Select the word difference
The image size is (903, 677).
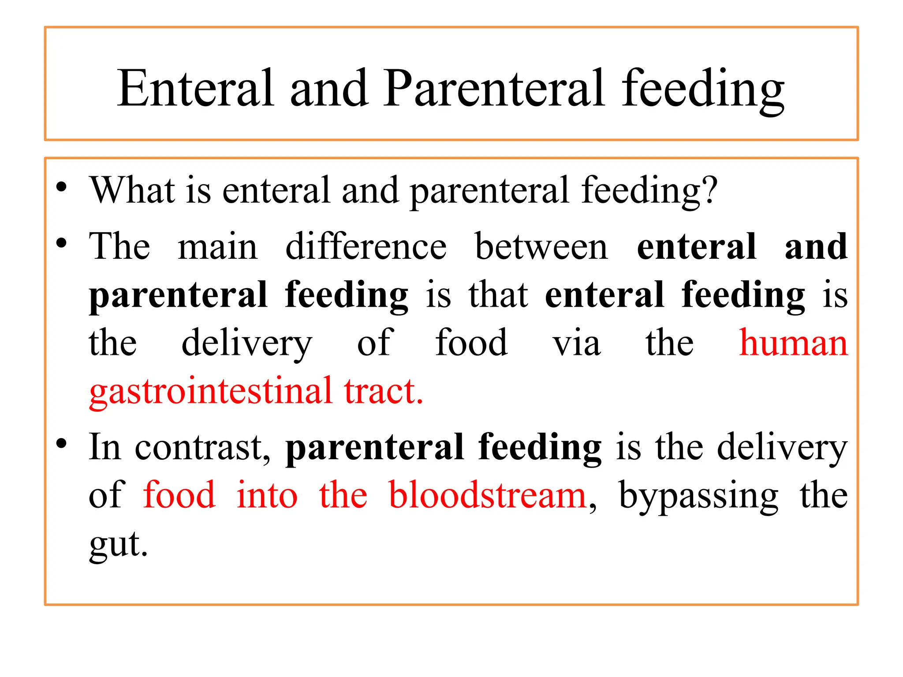pos(366,247)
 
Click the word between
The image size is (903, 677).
pos(541,247)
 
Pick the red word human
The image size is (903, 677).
pos(793,344)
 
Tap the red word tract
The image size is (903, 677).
pos(383,391)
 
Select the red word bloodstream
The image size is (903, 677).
pos(487,495)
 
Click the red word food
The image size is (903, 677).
pos(179,495)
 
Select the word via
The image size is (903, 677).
pos(577,344)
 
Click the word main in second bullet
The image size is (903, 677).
pos(218,247)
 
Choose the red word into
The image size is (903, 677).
pos(267,495)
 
